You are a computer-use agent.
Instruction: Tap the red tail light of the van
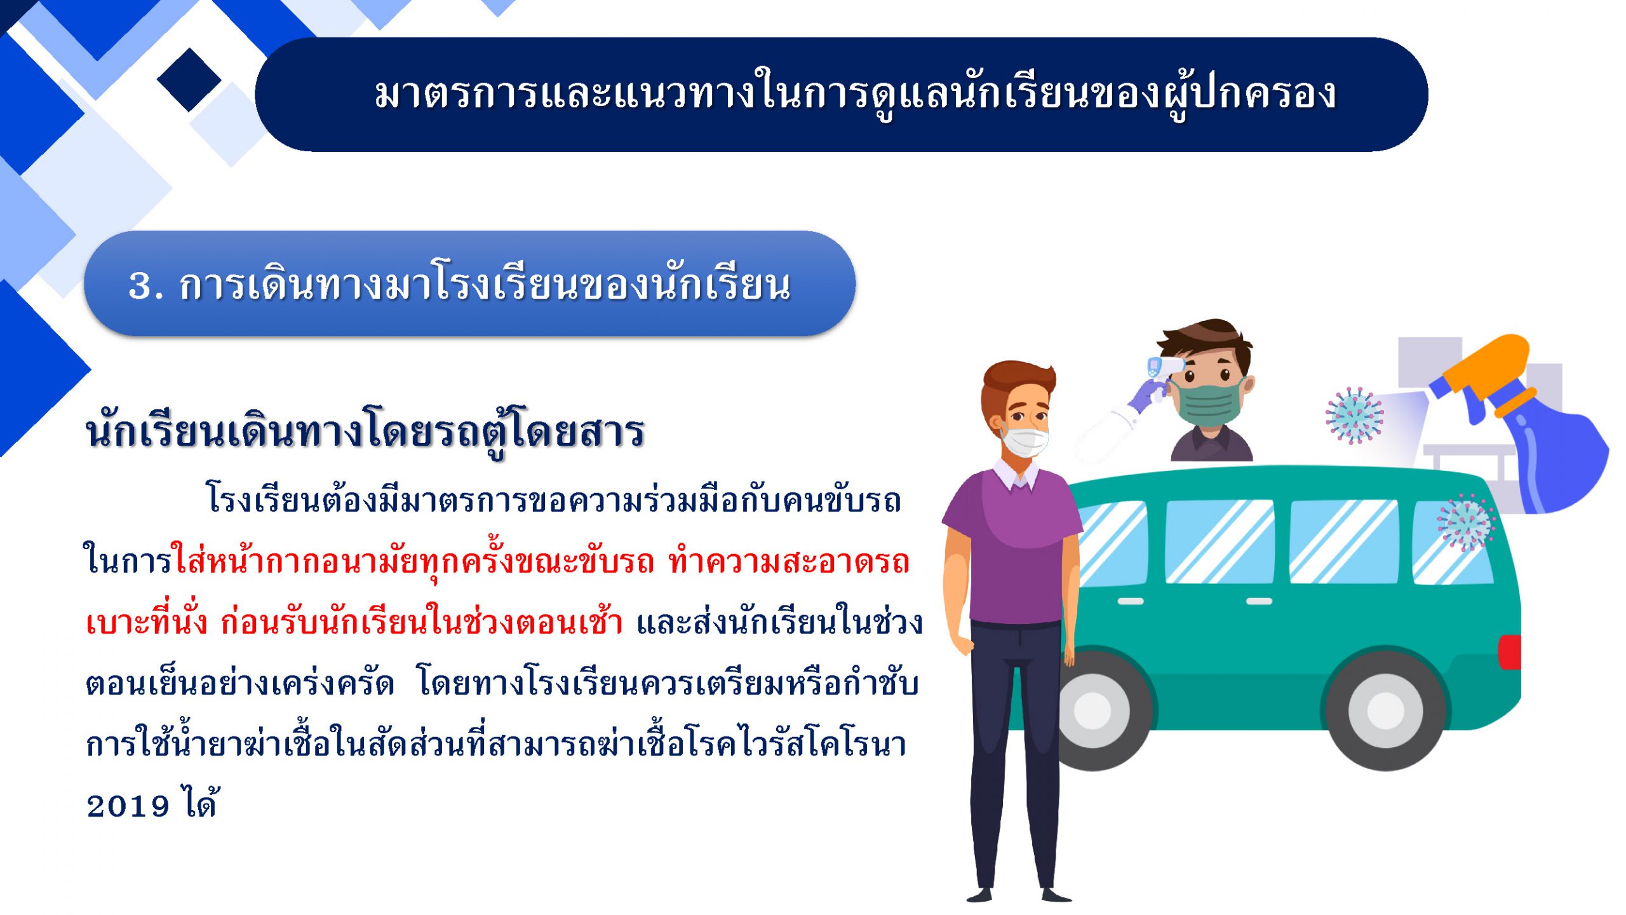pyautogui.click(x=1510, y=652)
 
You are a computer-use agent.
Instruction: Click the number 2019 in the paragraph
pyautogui.click(x=128, y=806)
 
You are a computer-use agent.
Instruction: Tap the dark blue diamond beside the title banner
pyautogui.click(x=189, y=80)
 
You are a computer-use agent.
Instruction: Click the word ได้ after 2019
pyautogui.click(x=201, y=802)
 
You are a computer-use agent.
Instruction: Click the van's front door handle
pyautogui.click(x=1130, y=601)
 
